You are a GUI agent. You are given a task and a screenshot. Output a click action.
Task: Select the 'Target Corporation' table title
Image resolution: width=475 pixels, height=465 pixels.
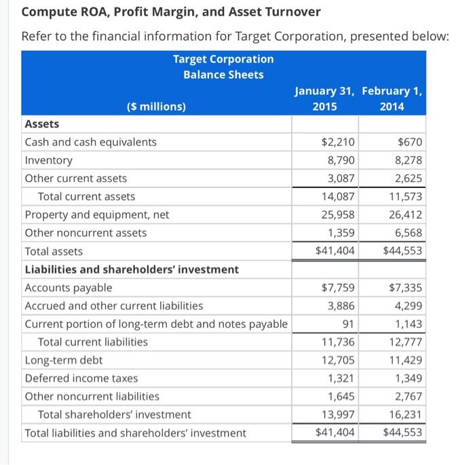[x=223, y=59]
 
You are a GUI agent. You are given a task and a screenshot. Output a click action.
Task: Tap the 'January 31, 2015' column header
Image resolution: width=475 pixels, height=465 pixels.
[x=324, y=98]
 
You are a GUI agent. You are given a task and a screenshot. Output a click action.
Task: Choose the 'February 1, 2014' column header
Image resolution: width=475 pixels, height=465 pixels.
[x=392, y=98]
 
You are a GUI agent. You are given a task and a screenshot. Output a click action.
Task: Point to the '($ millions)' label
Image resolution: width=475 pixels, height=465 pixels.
[x=156, y=106]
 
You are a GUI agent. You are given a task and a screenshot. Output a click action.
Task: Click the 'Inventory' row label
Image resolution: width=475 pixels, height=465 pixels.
[x=48, y=160]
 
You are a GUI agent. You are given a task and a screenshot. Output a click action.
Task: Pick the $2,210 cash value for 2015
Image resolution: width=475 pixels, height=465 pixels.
[x=338, y=142]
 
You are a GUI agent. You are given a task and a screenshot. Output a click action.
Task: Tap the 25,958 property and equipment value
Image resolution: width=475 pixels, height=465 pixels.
[x=338, y=215]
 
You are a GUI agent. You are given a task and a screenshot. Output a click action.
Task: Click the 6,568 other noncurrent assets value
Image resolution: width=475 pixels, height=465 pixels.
[x=407, y=233]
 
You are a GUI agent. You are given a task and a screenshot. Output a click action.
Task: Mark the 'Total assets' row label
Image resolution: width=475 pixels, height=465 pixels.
[x=54, y=251]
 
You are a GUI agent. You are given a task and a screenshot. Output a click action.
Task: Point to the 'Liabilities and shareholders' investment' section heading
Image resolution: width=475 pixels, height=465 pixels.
[x=132, y=269]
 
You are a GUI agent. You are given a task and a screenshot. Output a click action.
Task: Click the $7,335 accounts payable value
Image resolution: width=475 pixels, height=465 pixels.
[x=405, y=288]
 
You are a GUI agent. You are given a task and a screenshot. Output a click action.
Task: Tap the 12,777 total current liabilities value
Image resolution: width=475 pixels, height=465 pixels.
[x=406, y=342]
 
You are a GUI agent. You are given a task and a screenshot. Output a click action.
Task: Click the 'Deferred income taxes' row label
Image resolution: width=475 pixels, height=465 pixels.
[x=81, y=378]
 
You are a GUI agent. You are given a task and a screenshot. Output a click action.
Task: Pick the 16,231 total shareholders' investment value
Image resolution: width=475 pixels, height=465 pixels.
[x=406, y=414]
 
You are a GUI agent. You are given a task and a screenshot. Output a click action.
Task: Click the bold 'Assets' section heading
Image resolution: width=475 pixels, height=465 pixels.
[x=42, y=124]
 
